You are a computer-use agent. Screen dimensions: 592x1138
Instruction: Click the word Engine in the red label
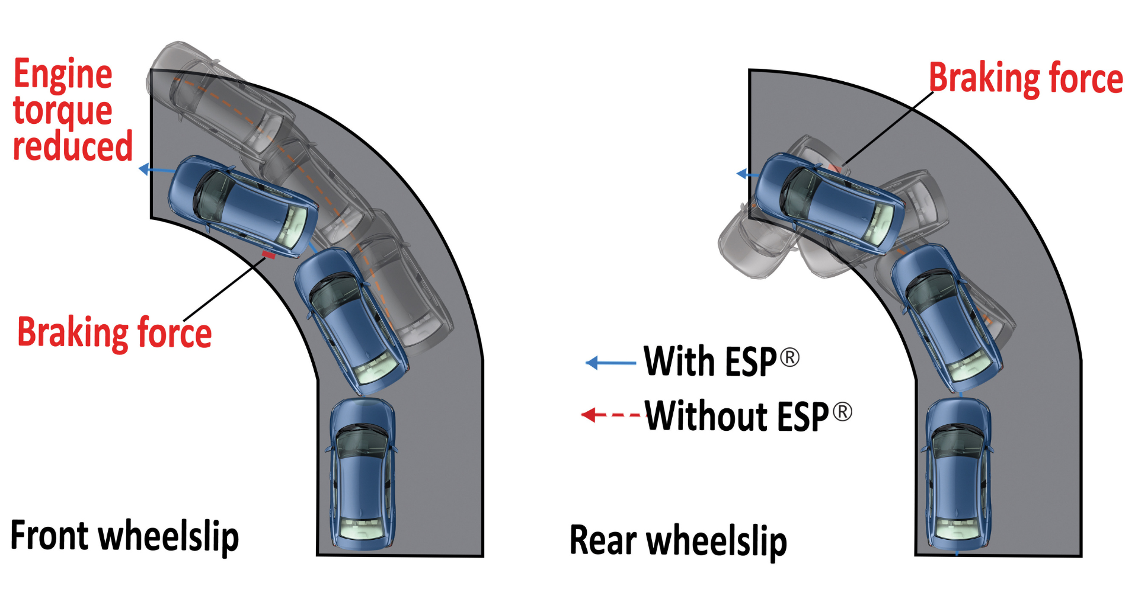[63, 75]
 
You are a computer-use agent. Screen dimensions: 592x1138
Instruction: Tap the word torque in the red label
[63, 111]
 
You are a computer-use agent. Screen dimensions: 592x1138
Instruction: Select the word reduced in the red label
[72, 147]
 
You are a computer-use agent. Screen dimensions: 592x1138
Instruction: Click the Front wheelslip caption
[124, 536]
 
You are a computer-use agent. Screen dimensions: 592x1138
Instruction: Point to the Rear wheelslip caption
[678, 540]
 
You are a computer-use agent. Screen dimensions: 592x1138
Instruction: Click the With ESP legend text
[710, 361]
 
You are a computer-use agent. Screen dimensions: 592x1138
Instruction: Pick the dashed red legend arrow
[610, 415]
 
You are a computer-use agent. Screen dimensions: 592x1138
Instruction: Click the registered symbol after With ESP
[789, 357]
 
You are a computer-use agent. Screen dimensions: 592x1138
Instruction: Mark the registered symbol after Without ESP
[842, 411]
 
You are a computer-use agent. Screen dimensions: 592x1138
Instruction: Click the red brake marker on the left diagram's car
[268, 255]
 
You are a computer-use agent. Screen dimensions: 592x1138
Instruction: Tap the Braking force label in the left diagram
[114, 332]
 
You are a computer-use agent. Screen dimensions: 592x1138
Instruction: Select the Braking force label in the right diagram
[1025, 79]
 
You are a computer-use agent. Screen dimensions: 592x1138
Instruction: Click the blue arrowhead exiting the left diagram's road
[144, 169]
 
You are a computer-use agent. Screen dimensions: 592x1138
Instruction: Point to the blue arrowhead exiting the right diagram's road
[741, 174]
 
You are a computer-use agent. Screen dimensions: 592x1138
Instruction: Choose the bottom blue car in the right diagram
[958, 474]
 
